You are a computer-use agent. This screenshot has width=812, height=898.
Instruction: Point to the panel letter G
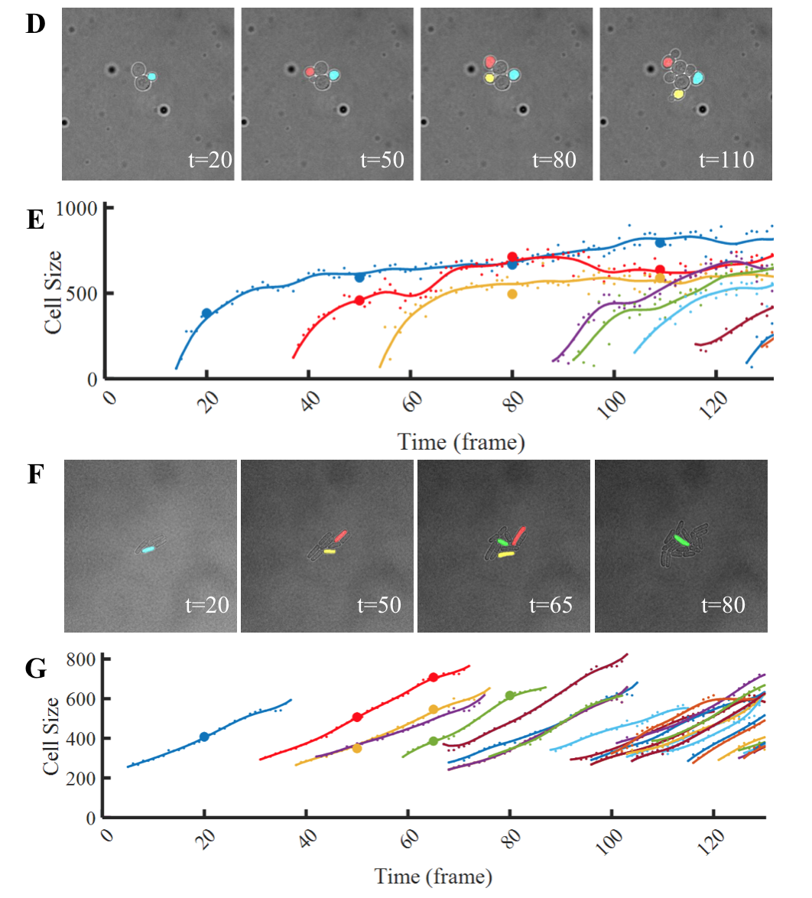(x=35, y=669)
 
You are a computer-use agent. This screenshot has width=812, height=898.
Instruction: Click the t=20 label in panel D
(x=209, y=160)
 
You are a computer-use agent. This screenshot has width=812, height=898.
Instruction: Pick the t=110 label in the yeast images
(x=726, y=160)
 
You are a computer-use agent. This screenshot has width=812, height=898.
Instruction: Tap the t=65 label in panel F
(x=551, y=606)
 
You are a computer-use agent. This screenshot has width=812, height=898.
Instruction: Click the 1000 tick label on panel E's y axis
(x=80, y=208)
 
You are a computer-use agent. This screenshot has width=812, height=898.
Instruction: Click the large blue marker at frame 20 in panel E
(x=206, y=313)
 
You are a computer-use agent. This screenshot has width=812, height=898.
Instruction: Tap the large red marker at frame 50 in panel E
(x=359, y=301)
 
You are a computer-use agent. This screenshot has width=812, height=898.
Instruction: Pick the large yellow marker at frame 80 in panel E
(x=512, y=294)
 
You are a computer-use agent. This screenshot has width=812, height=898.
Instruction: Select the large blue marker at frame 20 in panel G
(x=204, y=737)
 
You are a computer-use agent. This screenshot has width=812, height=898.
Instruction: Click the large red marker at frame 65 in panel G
(x=434, y=677)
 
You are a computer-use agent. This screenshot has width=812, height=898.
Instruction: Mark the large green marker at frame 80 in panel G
(x=510, y=695)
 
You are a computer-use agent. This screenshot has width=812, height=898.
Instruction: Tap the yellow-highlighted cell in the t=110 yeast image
(x=678, y=94)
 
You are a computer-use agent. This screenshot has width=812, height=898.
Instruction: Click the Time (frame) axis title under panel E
(x=460, y=441)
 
